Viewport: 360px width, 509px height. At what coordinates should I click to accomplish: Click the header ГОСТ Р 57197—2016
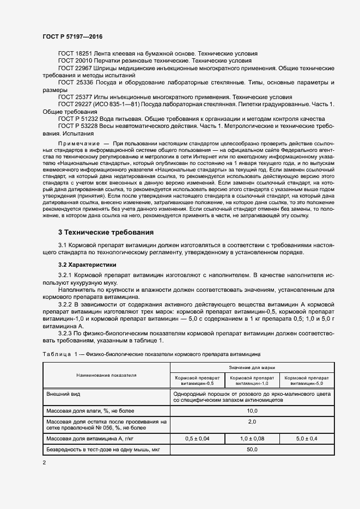tap(72, 36)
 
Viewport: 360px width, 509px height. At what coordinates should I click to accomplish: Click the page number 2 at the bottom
tap(45, 462)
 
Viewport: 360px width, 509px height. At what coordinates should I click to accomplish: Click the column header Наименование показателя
tap(106, 375)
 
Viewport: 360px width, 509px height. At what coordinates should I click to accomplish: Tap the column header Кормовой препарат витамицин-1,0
tap(252, 380)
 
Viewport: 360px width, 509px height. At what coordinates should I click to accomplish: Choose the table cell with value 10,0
tap(252, 410)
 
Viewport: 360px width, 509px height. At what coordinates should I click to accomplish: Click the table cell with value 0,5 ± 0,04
tap(197, 438)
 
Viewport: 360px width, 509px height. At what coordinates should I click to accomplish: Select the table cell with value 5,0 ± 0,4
tap(307, 438)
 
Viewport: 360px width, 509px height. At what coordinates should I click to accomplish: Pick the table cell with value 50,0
tap(252, 450)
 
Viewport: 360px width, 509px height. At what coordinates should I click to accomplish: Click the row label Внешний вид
tap(61, 393)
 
